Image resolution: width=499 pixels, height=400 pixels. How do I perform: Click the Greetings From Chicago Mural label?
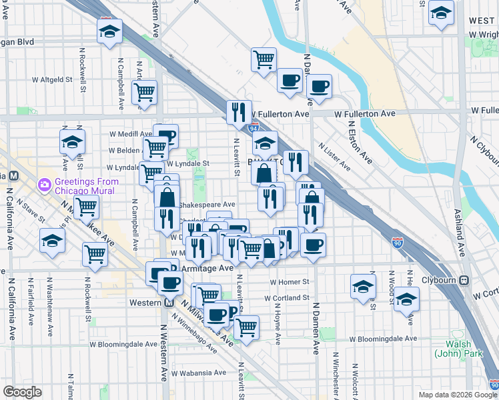(x=87, y=186)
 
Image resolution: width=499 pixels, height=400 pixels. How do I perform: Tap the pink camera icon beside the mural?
(x=44, y=183)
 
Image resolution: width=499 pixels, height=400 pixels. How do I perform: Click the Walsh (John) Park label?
(x=459, y=349)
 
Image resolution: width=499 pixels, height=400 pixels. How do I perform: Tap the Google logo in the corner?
(x=22, y=392)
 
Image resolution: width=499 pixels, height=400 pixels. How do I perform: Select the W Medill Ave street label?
(x=131, y=133)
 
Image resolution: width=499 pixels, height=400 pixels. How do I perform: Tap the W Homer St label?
(x=290, y=282)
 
